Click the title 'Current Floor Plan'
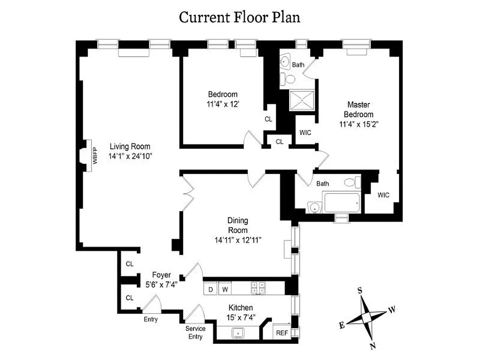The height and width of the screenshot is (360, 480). pos(239,17)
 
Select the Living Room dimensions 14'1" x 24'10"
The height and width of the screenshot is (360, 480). pos(130,157)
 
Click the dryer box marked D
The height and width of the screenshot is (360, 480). pos(210,288)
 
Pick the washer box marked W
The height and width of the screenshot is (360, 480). pos(225,288)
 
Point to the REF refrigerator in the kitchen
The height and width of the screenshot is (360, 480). pos(282,333)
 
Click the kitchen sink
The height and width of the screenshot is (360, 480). pos(238,333)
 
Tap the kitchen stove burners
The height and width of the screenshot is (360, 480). pos(258,288)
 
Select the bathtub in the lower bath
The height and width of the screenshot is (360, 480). pos(341,203)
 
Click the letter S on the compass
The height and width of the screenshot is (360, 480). pos(360,290)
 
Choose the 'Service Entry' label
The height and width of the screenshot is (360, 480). pos(195,333)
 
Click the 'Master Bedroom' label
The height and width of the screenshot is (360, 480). pos(359,109)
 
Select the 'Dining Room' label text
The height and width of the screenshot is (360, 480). pos(238,225)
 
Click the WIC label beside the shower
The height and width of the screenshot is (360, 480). pos(305,133)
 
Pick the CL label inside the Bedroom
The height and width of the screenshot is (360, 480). pos(269,119)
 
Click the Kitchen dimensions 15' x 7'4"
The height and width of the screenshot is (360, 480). pos(240,317)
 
